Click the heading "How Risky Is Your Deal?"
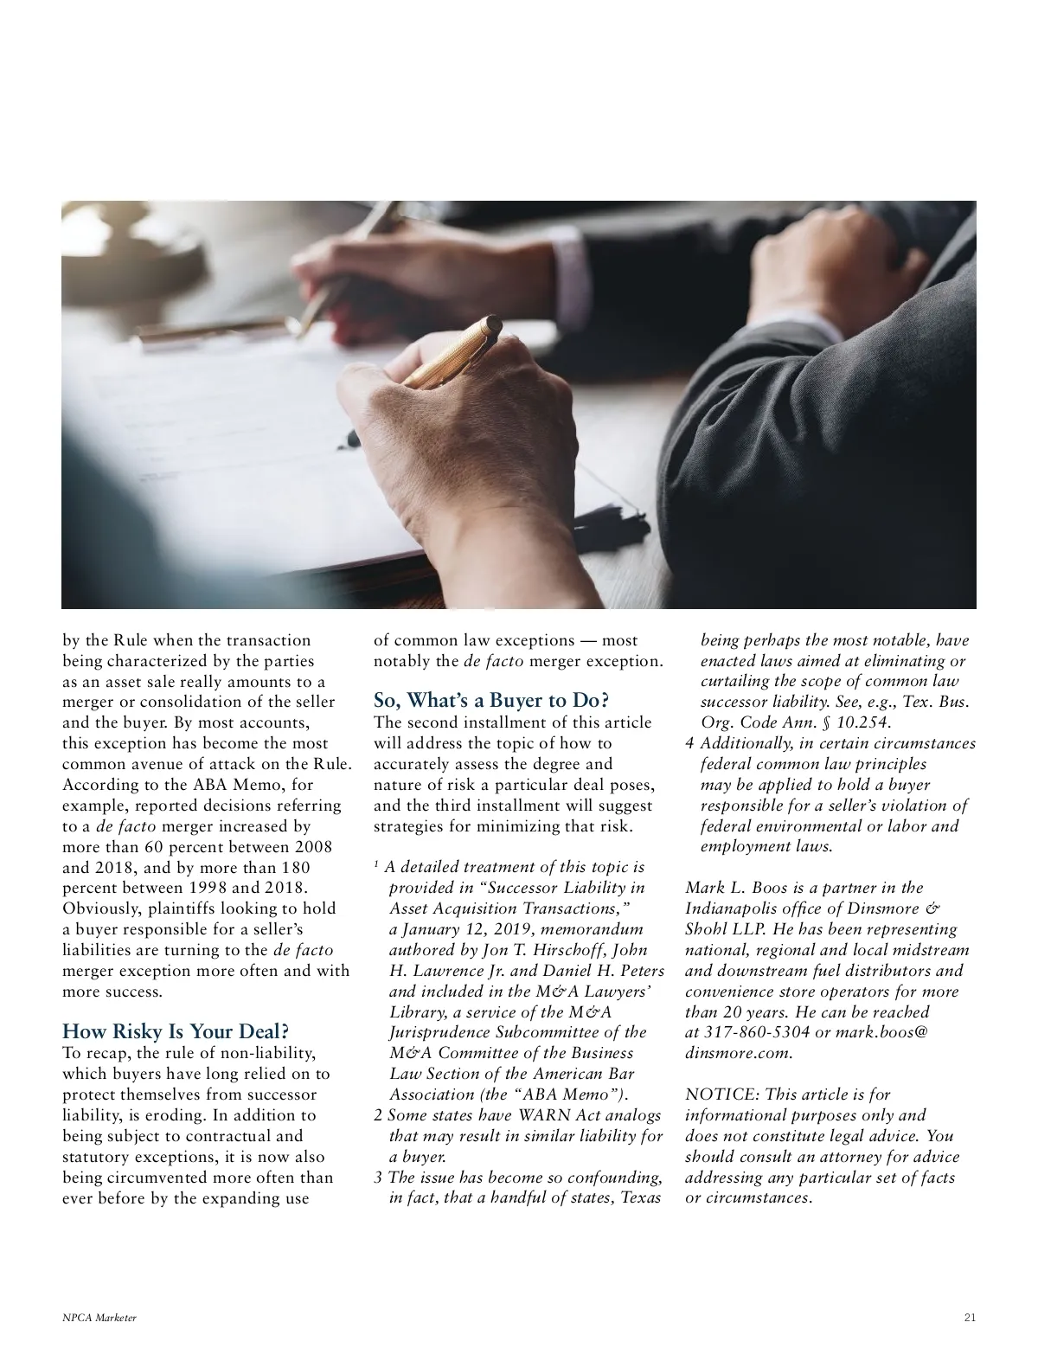(176, 1031)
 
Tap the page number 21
(969, 1318)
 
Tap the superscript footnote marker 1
(376, 864)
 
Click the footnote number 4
(689, 743)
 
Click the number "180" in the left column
(295, 867)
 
